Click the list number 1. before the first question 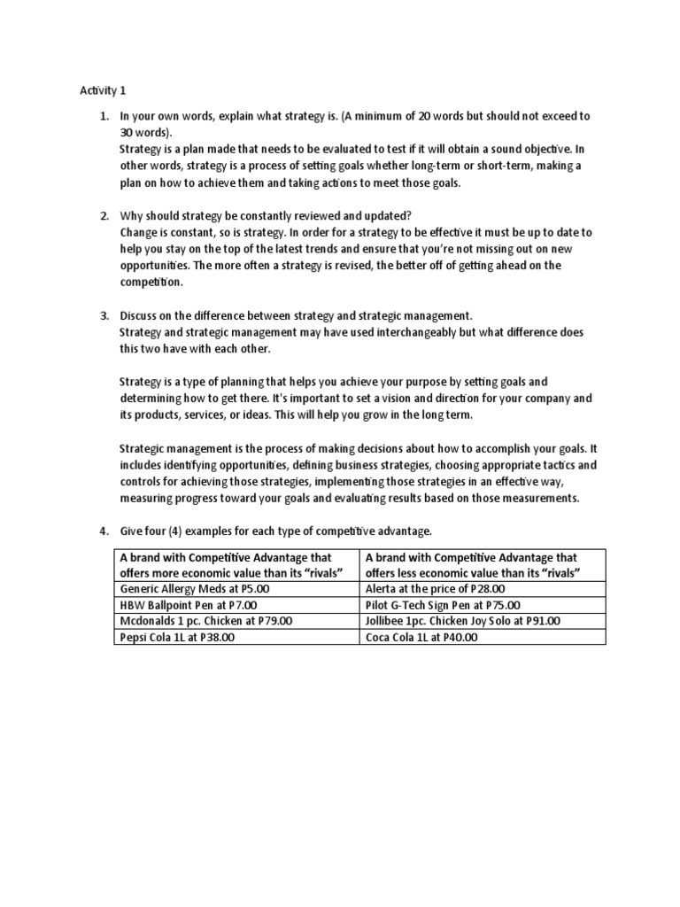(104, 116)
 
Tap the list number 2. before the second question (104, 215)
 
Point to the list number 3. (104, 315)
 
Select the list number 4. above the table (104, 531)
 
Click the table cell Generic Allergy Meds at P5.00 (183, 587)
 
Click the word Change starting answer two (139, 232)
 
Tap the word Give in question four (133, 531)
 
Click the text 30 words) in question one (148, 132)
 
